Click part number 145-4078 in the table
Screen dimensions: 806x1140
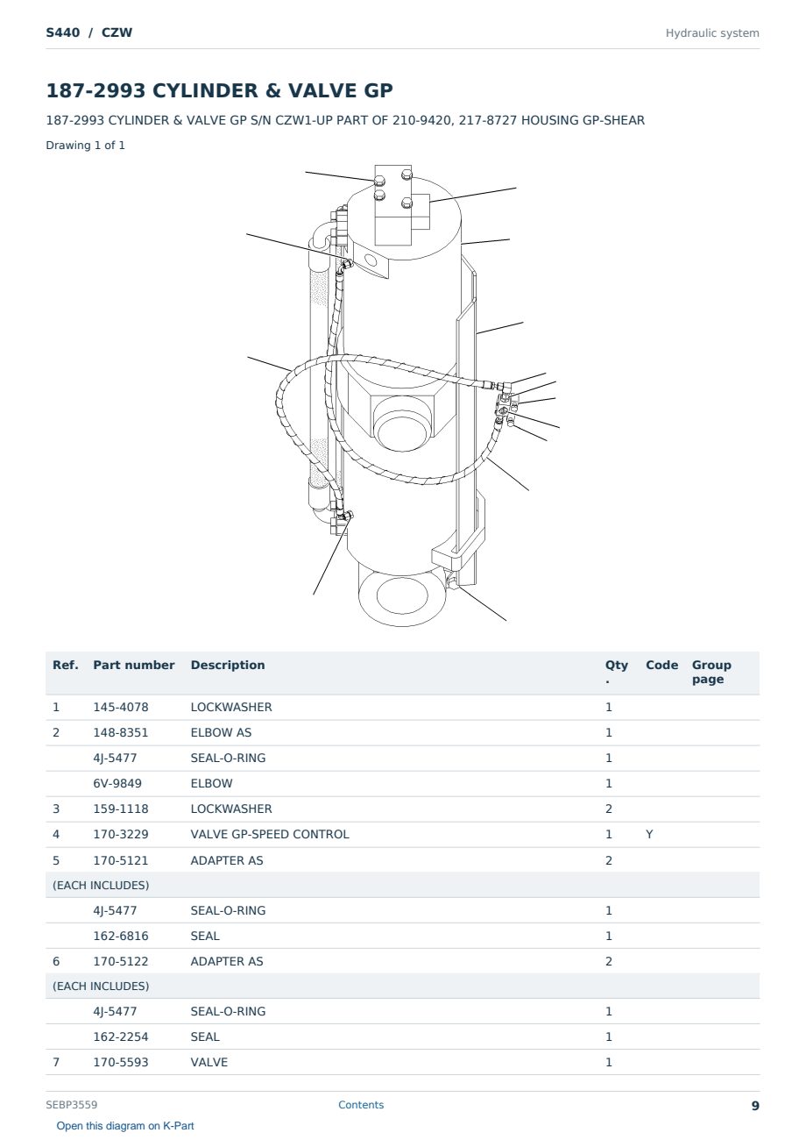tap(121, 707)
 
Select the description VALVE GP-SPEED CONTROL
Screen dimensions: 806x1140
tap(270, 834)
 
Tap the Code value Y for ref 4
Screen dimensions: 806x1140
tap(649, 834)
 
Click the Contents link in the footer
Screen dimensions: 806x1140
tap(361, 1105)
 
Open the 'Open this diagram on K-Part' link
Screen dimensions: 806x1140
tap(125, 1126)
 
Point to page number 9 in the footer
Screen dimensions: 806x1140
tap(755, 1106)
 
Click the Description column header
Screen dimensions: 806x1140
tap(228, 666)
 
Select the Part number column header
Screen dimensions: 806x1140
tap(134, 666)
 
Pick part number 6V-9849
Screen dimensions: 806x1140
tap(117, 783)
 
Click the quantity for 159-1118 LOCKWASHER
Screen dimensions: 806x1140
tap(609, 809)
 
